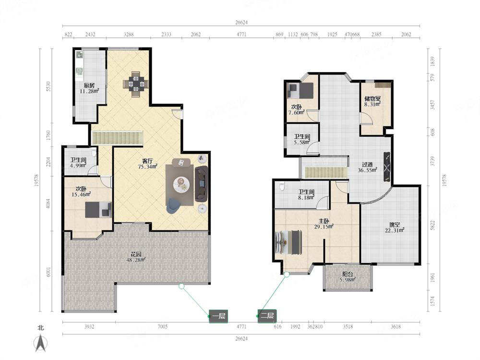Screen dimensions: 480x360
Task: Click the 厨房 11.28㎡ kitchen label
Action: point(89,88)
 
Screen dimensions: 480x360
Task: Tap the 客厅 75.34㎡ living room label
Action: point(147,164)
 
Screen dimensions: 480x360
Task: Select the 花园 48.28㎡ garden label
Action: point(136,257)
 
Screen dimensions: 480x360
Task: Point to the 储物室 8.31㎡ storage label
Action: point(372,101)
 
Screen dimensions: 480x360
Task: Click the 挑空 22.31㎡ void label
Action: point(395,228)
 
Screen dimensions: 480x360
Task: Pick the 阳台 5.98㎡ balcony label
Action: point(348,277)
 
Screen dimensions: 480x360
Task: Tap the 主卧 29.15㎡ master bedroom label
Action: point(324,224)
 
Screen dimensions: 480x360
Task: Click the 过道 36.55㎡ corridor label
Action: point(367,167)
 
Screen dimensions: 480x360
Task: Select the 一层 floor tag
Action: point(218,316)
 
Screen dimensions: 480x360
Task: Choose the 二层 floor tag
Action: point(267,316)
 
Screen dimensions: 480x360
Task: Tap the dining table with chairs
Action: point(136,84)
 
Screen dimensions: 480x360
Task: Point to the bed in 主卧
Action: point(288,242)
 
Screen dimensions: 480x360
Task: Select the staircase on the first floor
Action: point(117,138)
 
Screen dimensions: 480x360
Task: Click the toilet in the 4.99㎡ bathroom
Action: point(94,153)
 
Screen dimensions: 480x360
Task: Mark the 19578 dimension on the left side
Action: point(36,180)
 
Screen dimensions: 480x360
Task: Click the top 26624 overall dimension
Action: point(241,23)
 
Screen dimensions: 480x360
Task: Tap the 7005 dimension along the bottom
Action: point(163,326)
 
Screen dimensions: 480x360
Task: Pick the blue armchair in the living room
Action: point(173,205)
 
